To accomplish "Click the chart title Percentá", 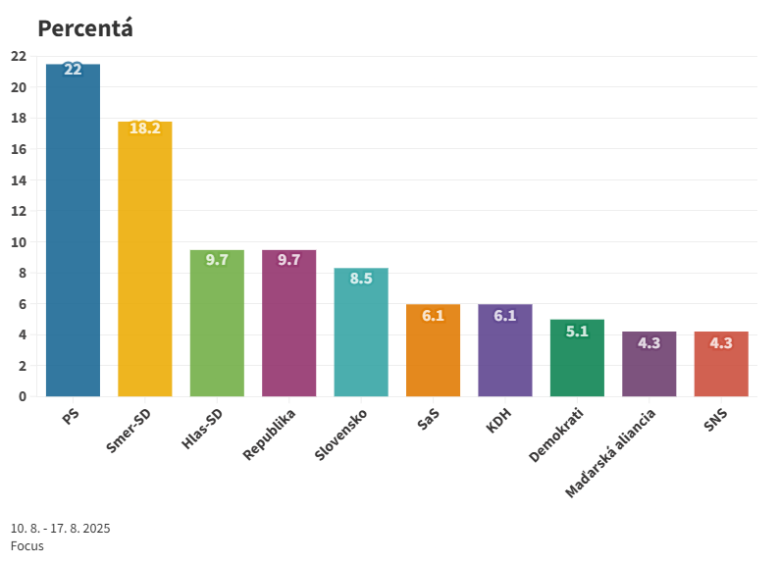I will (85, 28).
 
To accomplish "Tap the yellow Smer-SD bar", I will (145, 260).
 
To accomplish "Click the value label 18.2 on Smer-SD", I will (145, 128).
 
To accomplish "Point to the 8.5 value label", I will (361, 279).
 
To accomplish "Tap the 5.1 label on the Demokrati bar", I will (577, 332).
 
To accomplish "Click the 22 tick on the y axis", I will (18, 56).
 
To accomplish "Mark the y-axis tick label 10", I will (18, 242).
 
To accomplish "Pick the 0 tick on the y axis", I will (22, 396).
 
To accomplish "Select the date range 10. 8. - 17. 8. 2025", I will (61, 528).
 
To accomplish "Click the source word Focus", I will (27, 545).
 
